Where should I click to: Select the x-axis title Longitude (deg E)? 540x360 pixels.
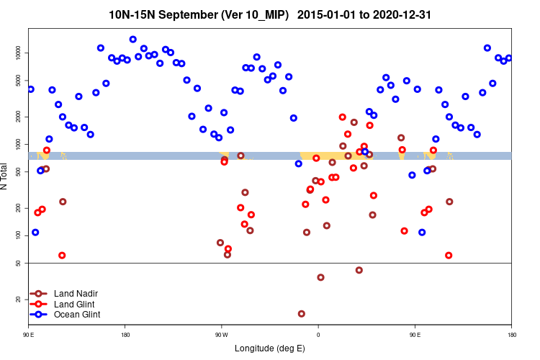270,348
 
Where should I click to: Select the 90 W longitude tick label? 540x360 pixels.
221,335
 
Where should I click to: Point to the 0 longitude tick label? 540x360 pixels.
318,335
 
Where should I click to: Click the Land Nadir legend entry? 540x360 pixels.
76,294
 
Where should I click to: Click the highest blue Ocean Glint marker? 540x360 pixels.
132,40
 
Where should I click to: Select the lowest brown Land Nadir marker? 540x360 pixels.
301,314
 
